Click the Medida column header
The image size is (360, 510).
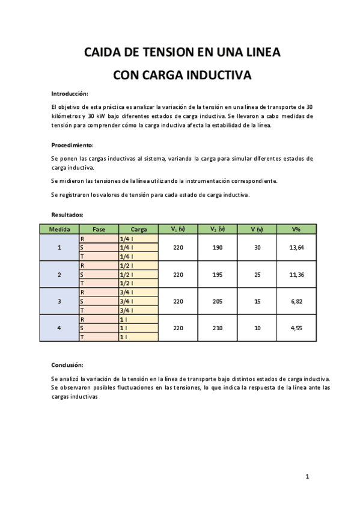(x=59, y=229)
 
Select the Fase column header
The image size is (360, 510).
(x=99, y=229)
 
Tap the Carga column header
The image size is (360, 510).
(x=138, y=229)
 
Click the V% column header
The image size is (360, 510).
(x=296, y=229)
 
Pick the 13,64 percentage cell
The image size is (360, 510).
(x=296, y=248)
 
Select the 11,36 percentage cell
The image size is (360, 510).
(x=296, y=275)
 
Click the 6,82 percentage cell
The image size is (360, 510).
(x=296, y=301)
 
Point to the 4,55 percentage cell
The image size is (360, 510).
(x=296, y=328)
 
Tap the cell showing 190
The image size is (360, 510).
(x=217, y=248)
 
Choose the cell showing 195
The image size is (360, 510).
(x=217, y=275)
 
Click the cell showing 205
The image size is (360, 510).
(x=217, y=301)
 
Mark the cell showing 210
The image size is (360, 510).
(x=217, y=328)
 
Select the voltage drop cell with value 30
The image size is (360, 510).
(x=257, y=248)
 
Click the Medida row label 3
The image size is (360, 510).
(x=59, y=301)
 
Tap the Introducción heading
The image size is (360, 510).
(x=70, y=94)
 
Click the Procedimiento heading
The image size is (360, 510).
(x=72, y=146)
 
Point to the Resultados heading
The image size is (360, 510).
(x=67, y=214)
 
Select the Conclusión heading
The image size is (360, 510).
(x=67, y=365)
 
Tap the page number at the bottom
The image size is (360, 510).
(x=307, y=477)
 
